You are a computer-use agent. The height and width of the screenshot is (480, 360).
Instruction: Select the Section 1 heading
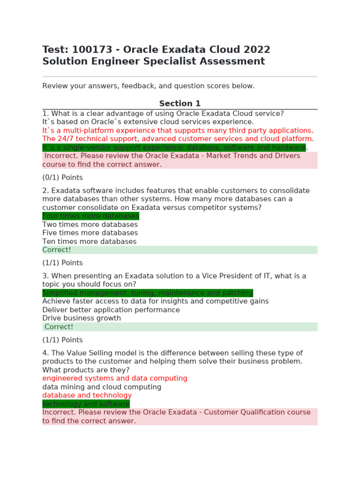180,104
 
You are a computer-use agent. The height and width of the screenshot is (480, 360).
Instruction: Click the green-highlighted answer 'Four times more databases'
90,216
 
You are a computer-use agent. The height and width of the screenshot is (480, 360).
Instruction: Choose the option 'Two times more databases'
90,225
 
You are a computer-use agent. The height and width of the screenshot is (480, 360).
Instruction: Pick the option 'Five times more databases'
90,233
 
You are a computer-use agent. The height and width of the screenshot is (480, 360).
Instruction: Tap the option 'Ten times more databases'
90,241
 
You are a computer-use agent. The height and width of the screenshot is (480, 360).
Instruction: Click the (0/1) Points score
62,178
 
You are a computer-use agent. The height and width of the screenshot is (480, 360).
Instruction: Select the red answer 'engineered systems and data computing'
115,378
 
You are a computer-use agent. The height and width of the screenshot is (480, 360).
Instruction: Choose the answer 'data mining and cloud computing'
102,387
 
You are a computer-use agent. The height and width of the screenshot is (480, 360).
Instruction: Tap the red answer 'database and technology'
87,395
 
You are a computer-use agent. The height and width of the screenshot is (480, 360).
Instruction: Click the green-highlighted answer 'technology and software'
86,404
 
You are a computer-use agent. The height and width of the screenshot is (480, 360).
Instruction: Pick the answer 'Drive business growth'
82,318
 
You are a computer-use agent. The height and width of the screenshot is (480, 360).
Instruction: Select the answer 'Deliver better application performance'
111,310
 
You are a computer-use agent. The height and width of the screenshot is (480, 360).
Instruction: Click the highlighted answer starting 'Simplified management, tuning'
148,293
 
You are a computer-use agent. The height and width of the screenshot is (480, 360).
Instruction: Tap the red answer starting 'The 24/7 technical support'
178,139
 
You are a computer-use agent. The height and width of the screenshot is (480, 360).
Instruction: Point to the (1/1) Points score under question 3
62,340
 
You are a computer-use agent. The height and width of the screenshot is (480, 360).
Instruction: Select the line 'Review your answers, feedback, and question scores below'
149,86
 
